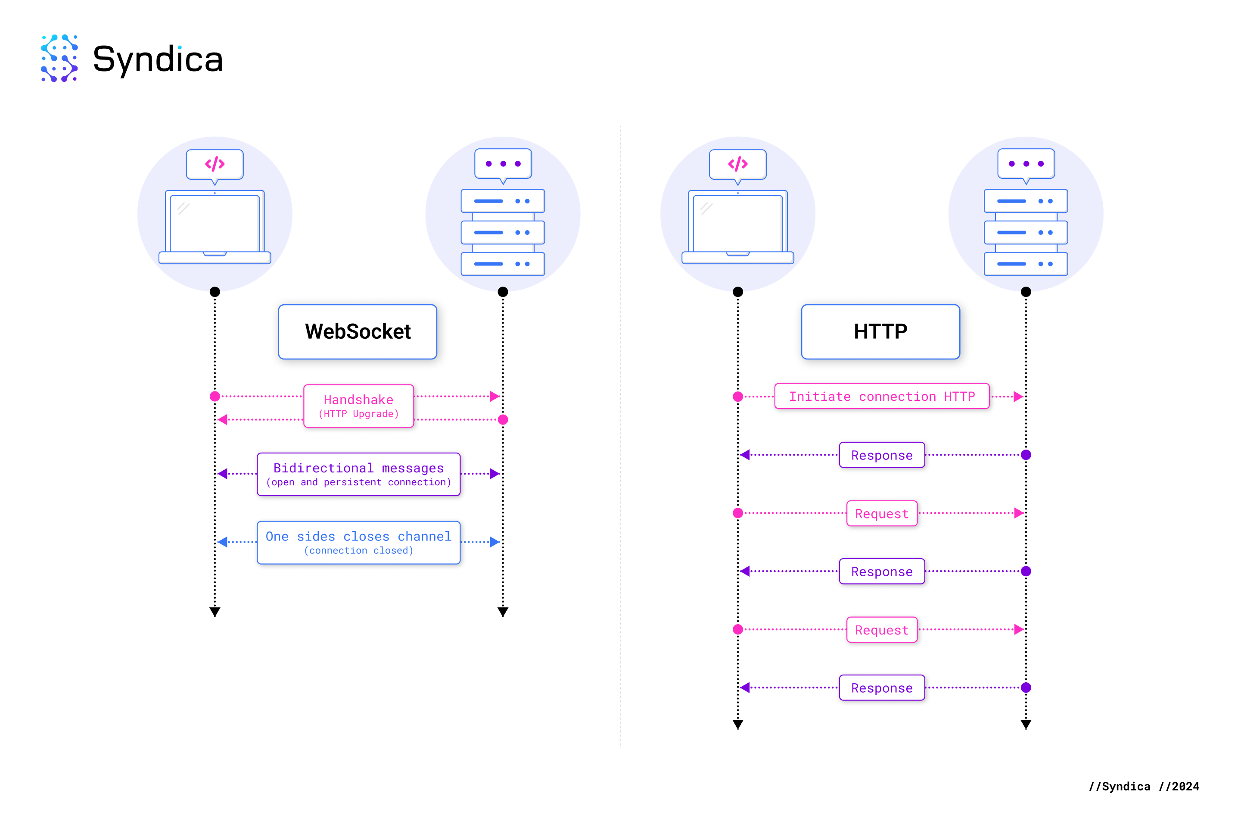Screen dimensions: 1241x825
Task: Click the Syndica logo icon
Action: coord(59,58)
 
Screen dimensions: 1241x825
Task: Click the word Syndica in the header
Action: coord(158,59)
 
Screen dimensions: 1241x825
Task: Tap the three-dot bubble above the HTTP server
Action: coord(1026,165)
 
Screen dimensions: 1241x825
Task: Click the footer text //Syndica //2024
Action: coord(1144,786)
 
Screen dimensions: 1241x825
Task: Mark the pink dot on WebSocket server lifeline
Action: coord(503,419)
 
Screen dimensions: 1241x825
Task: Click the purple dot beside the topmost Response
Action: coord(1026,455)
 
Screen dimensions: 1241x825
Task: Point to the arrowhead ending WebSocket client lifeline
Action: coord(215,612)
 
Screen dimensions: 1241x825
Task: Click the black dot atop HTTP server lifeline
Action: coord(1026,291)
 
